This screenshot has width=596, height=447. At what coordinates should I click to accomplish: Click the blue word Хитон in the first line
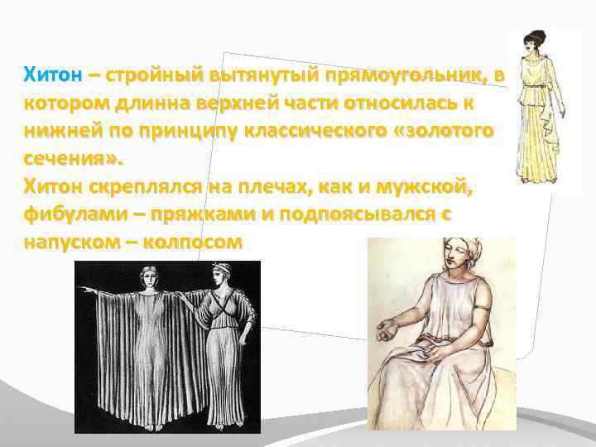[x=53, y=76]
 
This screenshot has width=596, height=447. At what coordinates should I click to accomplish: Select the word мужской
[x=422, y=188]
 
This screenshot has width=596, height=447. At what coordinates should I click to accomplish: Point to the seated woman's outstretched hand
[x=388, y=333]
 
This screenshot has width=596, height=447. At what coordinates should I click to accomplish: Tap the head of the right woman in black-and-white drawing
[x=221, y=276]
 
